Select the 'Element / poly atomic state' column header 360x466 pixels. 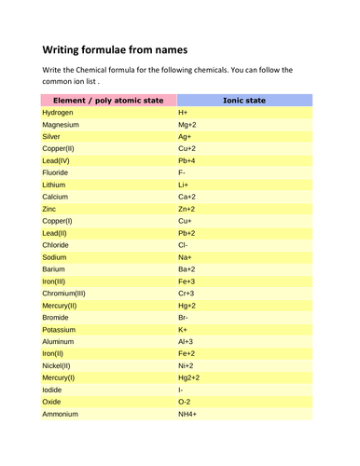click(108, 99)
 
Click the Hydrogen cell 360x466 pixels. click(59, 112)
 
